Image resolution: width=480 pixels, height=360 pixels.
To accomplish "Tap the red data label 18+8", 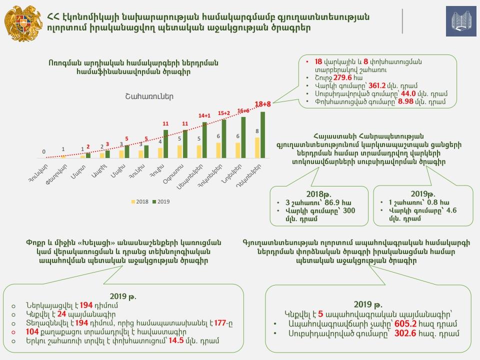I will tap(263, 104).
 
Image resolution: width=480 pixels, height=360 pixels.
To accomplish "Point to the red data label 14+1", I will tap(204, 115).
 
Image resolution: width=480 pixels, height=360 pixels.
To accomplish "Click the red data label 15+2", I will tap(223, 113).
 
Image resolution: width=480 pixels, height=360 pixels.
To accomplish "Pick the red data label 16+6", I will tap(243, 110).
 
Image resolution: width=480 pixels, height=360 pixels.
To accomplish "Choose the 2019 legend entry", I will tap(161, 201).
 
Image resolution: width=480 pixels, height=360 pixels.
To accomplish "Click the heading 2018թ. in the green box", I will tap(317, 194).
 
